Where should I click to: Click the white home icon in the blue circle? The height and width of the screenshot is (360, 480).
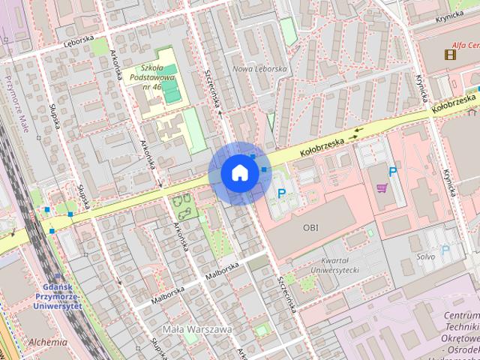coord(239,172)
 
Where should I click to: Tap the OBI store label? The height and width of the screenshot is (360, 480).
coord(310,226)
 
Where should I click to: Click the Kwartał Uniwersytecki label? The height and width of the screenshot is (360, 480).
coord(335,265)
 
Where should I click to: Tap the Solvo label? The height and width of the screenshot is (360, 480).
coord(427,256)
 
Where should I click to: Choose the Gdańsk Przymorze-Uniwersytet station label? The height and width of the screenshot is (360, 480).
coord(62,299)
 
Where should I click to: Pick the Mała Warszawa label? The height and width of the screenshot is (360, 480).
coord(197,328)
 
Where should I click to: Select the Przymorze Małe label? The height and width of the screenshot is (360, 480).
coord(13,102)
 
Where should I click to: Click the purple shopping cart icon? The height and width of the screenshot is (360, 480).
coord(382,187)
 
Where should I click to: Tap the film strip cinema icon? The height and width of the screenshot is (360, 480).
coord(449,53)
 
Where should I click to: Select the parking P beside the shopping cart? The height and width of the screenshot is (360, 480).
coord(392,172)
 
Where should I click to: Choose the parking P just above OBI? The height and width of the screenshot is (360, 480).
coord(282,193)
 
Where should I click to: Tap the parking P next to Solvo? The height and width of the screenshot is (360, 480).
coord(445,250)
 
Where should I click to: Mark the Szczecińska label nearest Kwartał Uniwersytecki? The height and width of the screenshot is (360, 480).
coord(286,293)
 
